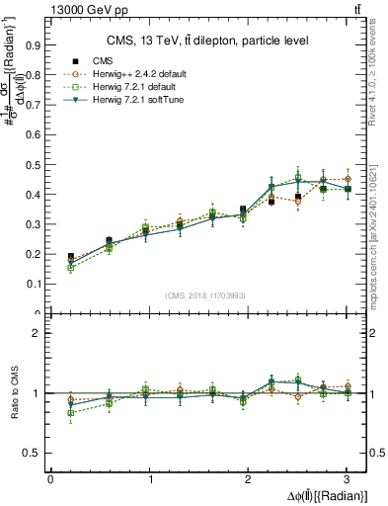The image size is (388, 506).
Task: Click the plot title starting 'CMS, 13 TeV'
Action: point(206,41)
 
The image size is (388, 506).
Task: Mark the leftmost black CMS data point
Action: point(70,257)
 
